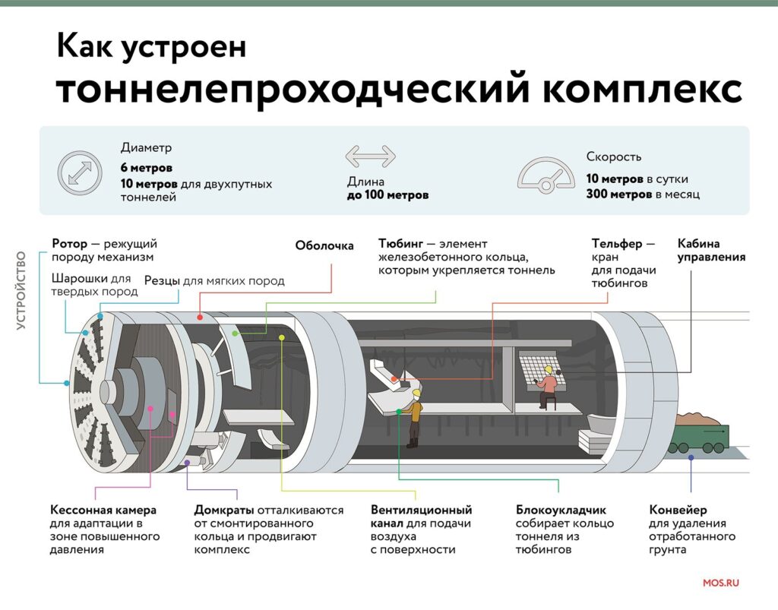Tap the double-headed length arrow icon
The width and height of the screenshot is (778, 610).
tap(371, 156)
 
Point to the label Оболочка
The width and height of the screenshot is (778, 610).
tap(324, 245)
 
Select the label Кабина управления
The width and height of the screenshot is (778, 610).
tap(711, 251)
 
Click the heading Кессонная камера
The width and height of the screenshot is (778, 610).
tap(103, 510)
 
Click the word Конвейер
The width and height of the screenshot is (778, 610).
tap(678, 510)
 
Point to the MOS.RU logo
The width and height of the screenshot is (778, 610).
tap(721, 583)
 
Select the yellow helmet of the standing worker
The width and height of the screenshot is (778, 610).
tap(416, 393)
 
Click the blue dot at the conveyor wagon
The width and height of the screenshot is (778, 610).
tap(691, 457)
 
